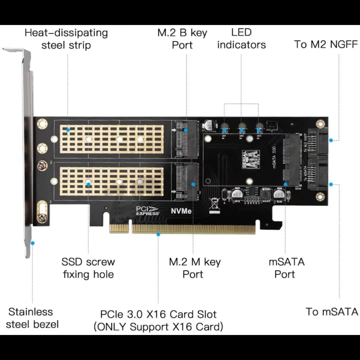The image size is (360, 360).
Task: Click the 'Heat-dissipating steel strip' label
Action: pyautogui.click(x=66, y=39)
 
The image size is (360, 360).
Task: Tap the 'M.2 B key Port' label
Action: pyautogui.click(x=182, y=39)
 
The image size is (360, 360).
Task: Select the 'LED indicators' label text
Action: pyautogui.click(x=241, y=39)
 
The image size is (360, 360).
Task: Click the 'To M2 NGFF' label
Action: pyautogui.click(x=326, y=44)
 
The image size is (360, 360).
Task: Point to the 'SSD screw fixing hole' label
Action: pyautogui.click(x=88, y=268)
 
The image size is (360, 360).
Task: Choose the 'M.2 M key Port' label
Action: pyautogui.click(x=194, y=268)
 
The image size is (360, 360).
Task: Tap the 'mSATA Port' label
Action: pyautogui.click(x=286, y=268)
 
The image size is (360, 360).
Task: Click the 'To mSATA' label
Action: pyautogui.click(x=332, y=312)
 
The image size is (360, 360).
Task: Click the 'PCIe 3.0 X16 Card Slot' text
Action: pyautogui.click(x=158, y=314)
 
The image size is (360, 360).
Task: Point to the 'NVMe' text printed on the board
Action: pyautogui.click(x=180, y=211)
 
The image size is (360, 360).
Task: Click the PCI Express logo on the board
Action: pyautogui.click(x=147, y=211)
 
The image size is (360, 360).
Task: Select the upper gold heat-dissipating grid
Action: pyautogui.click(x=112, y=138)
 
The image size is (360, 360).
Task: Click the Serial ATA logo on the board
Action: pyautogui.click(x=251, y=158)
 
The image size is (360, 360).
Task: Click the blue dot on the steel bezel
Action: pyautogui.click(x=32, y=243)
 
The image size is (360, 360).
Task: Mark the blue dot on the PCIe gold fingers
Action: pyautogui.click(x=158, y=234)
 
